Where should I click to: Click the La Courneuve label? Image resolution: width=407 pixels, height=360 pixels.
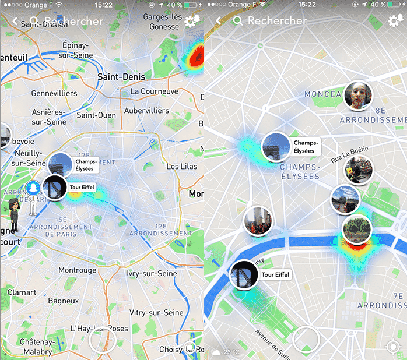(154, 91)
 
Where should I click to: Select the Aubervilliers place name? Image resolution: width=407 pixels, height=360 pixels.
(146, 111)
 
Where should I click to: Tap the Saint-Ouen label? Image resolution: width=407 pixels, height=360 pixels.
(96, 115)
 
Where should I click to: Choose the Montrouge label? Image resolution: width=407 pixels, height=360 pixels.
(77, 270)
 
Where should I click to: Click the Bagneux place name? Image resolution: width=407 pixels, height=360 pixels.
(63, 301)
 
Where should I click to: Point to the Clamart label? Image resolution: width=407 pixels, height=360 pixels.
(22, 292)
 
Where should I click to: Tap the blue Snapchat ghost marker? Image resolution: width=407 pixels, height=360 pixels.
(33, 190)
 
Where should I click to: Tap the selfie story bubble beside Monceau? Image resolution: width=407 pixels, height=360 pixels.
(358, 95)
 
